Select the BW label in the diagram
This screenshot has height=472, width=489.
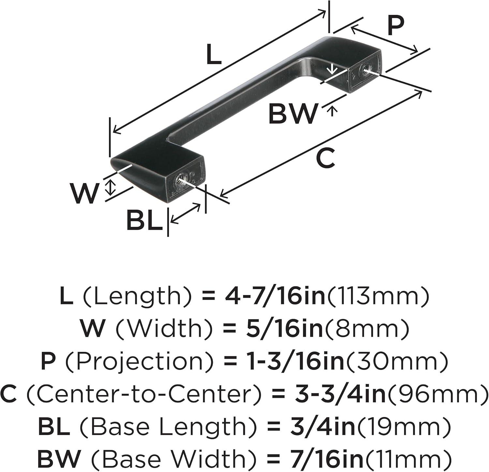click(x=293, y=113)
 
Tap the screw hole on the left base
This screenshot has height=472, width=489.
click(x=180, y=180)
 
